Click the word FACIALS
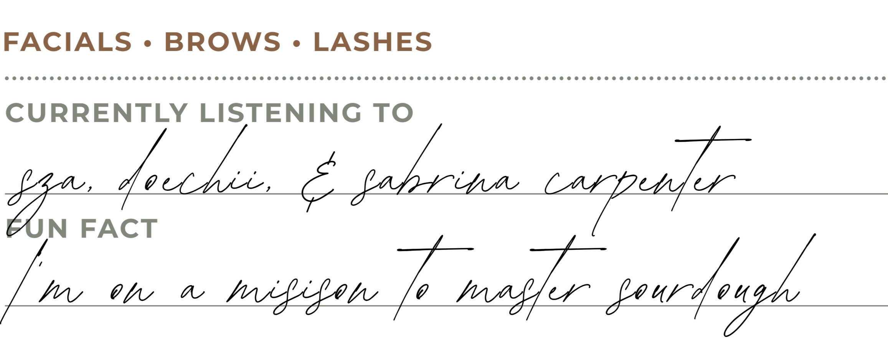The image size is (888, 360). pyautogui.click(x=68, y=41)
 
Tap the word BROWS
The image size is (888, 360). pyautogui.click(x=223, y=41)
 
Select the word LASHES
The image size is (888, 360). pyautogui.click(x=373, y=41)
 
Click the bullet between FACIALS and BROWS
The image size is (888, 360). pyautogui.click(x=148, y=43)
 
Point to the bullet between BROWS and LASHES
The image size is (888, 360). pyautogui.click(x=296, y=43)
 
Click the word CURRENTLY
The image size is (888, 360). pyautogui.click(x=96, y=113)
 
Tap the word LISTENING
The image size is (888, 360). pyautogui.click(x=281, y=113)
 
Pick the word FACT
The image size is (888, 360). pyautogui.click(x=119, y=229)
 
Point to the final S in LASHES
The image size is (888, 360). pyautogui.click(x=424, y=41)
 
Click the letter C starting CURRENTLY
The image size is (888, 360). pyautogui.click(x=15, y=113)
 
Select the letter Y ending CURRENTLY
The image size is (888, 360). pyautogui.click(x=178, y=113)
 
